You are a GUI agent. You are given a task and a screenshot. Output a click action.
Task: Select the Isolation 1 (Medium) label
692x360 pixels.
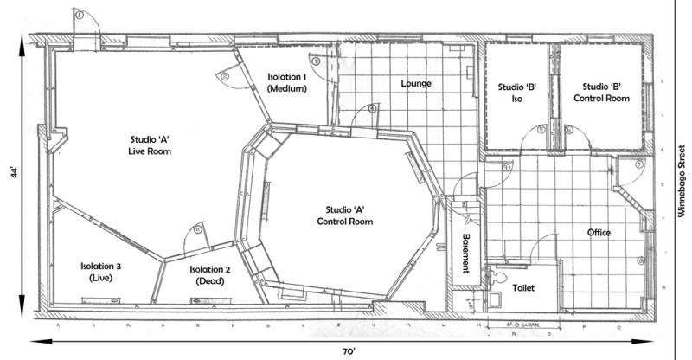287,82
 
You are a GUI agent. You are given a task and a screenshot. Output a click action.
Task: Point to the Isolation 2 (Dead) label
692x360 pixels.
210,275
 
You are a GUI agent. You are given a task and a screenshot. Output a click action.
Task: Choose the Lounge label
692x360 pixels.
416,84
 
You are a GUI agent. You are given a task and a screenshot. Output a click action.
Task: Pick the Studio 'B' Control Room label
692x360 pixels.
605,93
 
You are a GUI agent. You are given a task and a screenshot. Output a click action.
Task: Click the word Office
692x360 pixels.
599,233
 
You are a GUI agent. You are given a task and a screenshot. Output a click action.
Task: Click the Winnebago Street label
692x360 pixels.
681,181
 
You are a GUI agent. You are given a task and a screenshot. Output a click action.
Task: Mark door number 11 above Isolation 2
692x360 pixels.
198,229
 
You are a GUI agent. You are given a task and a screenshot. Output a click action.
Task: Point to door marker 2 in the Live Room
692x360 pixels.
224,77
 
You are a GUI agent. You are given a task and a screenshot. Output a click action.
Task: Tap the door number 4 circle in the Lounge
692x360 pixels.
372,109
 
